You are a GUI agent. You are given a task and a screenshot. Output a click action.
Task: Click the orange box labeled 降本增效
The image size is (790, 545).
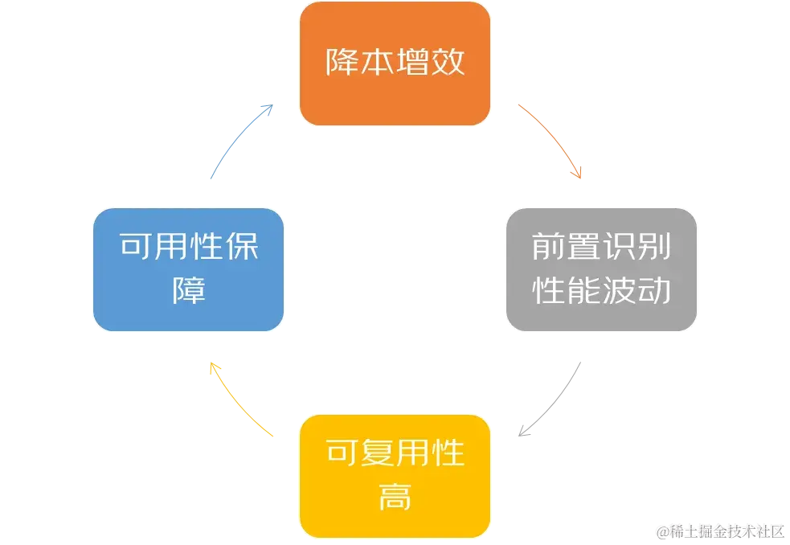(395, 64)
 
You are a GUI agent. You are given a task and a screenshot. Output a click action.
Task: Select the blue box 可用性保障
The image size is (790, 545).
(189, 269)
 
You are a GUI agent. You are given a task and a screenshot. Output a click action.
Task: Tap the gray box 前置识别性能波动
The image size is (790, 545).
(601, 269)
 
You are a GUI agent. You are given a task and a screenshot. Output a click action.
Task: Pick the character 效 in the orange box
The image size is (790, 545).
(448, 63)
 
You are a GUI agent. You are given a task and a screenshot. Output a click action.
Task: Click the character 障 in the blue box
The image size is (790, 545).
(189, 290)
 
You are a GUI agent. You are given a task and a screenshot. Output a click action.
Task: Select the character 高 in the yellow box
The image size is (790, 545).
(395, 498)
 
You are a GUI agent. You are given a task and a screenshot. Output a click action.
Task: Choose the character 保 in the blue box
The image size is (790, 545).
(243, 247)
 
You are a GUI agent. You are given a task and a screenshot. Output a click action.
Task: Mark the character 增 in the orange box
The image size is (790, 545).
(412, 63)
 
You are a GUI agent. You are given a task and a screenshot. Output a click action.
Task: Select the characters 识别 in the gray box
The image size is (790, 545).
(637, 248)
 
